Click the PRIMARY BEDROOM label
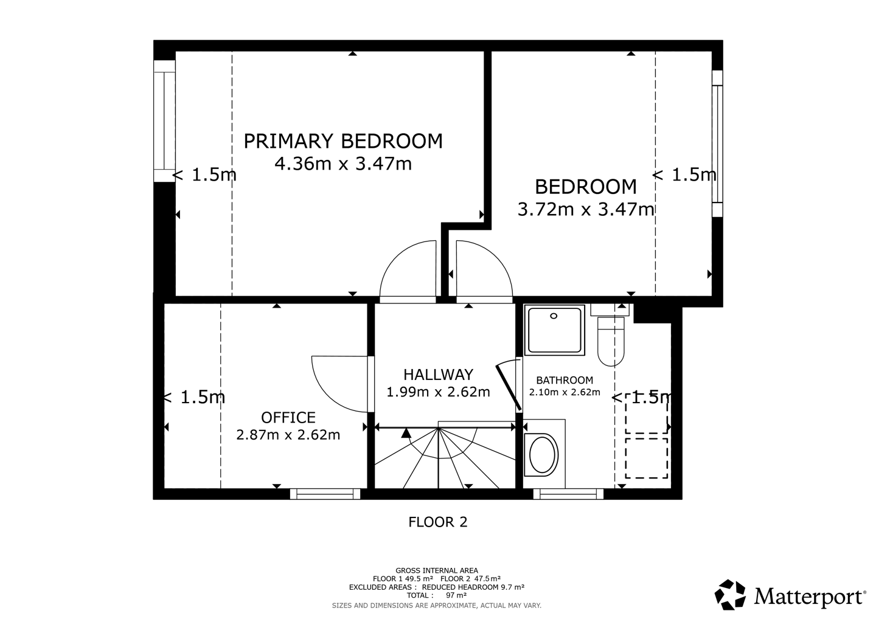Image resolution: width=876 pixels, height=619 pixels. tap(343, 141)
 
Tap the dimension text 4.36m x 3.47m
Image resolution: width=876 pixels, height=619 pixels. tap(343, 164)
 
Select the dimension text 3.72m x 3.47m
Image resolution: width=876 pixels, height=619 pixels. tap(586, 209)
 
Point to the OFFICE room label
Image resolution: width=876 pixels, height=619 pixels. tap(288, 418)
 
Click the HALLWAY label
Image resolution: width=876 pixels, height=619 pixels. tap(438, 375)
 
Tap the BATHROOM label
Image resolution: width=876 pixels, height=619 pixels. tap(565, 380)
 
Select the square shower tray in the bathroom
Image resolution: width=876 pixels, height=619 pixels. tap(554, 330)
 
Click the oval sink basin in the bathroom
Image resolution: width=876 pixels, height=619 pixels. tap(542, 455)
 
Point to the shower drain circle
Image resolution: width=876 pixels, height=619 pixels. tap(554, 316)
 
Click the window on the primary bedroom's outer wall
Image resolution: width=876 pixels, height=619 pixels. tap(164, 121)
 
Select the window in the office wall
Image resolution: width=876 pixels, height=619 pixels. tap(325, 494)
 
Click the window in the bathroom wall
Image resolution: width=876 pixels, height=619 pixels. tap(568, 494)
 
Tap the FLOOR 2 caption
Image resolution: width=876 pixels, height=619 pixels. tap(437, 522)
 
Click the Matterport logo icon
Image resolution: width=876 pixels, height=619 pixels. tap(730, 595)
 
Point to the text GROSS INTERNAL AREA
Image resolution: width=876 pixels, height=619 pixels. tap(436, 570)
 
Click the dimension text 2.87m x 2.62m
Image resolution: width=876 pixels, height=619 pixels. tap(288, 435)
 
